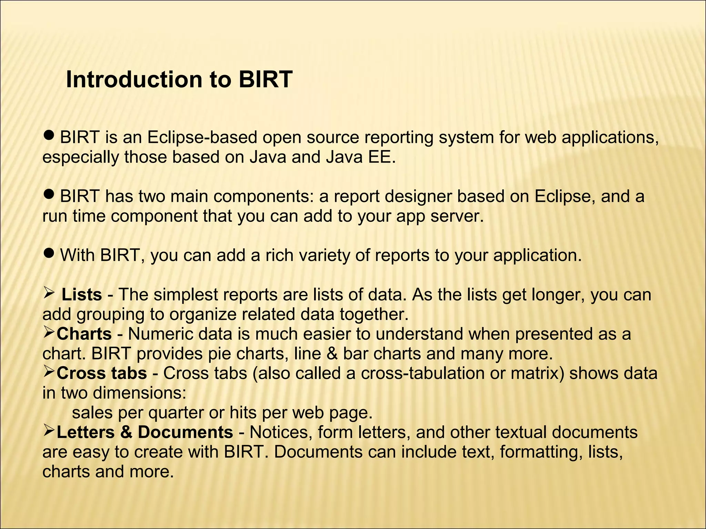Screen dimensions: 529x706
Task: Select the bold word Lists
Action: (82, 295)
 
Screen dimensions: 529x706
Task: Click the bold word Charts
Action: (84, 334)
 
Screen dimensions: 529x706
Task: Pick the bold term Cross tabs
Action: (102, 373)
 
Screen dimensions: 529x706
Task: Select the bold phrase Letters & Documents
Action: (145, 432)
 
